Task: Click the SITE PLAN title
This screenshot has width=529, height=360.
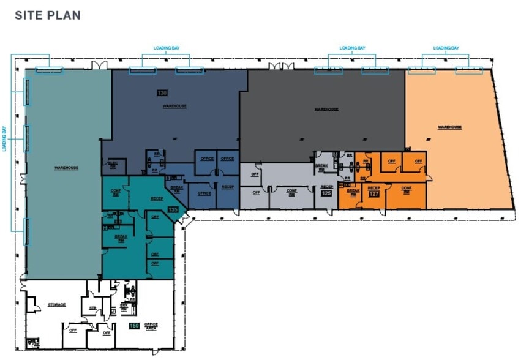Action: tap(47, 15)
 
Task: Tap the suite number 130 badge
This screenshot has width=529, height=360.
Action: tap(162, 93)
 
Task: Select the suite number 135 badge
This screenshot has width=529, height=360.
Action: tap(173, 209)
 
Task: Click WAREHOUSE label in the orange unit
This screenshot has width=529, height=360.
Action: tap(449, 127)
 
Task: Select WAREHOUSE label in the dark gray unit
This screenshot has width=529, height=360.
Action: tap(326, 110)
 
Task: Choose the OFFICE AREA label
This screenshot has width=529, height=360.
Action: tap(151, 326)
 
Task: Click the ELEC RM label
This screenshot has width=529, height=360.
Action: tap(113, 164)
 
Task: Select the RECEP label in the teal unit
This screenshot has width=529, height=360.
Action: tap(156, 199)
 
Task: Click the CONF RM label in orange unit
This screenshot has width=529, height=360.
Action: tap(406, 189)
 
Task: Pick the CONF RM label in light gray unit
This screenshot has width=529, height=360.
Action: tap(291, 191)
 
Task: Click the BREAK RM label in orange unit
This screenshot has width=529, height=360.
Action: tap(353, 192)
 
